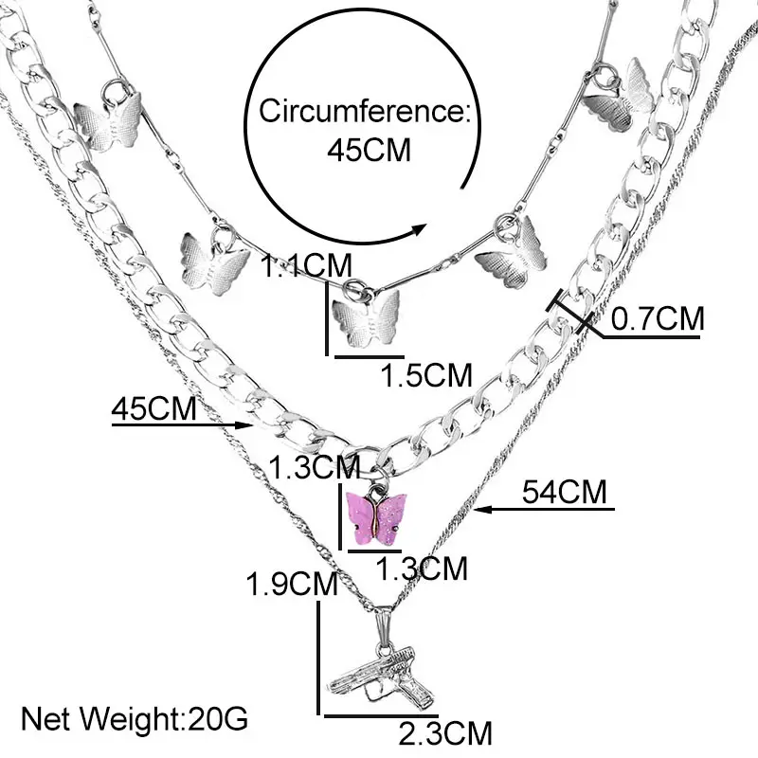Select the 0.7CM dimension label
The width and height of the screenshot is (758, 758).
coord(658,318)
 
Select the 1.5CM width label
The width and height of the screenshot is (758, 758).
coord(425,374)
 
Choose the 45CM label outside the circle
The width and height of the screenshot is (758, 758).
coord(154,409)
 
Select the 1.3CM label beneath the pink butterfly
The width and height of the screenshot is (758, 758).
coord(423,568)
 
